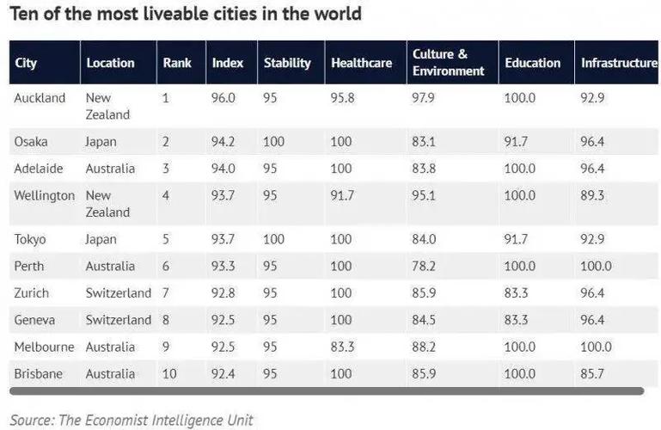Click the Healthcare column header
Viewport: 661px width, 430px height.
pyautogui.click(x=361, y=63)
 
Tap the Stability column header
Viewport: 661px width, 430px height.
pyautogui.click(x=285, y=63)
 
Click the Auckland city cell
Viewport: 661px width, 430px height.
pyautogui.click(x=40, y=98)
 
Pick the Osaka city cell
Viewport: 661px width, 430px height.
pyautogui.click(x=30, y=141)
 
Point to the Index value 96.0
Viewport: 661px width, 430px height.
pyautogui.click(x=223, y=98)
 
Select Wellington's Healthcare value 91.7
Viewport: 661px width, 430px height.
pyautogui.click(x=342, y=195)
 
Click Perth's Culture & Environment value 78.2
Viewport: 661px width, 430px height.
pyautogui.click(x=425, y=267)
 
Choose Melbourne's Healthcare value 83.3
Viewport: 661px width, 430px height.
pyautogui.click(x=342, y=347)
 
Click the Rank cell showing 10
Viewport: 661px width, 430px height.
pyautogui.click(x=170, y=374)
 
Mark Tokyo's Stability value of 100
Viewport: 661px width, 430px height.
pyautogui.click(x=274, y=239)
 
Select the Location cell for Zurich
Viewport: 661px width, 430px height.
pyautogui.click(x=118, y=293)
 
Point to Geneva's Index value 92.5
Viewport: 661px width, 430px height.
pyautogui.click(x=223, y=320)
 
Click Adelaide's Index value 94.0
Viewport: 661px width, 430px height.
pyautogui.click(x=223, y=169)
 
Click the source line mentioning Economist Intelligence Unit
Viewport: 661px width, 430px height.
pyautogui.click(x=132, y=420)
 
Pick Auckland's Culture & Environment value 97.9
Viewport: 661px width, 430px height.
pyautogui.click(x=425, y=98)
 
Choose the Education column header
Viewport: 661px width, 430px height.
pyautogui.click(x=532, y=63)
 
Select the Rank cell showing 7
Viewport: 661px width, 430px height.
pyautogui.click(x=167, y=293)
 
